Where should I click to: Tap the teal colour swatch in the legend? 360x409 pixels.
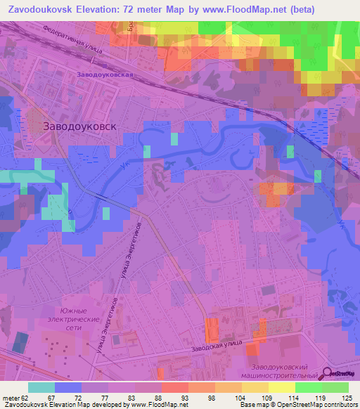pyautogui.click(x=41, y=387)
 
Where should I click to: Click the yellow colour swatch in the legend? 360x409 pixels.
pyautogui.click(x=282, y=387)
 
